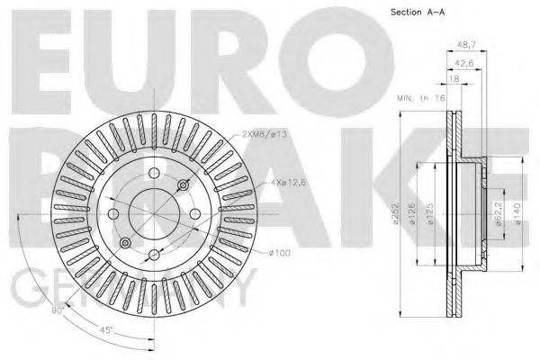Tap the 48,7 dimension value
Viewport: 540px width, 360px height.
click(464, 43)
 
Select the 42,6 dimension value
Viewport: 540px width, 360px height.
click(463, 63)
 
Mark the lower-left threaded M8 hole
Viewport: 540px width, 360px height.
click(125, 242)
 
